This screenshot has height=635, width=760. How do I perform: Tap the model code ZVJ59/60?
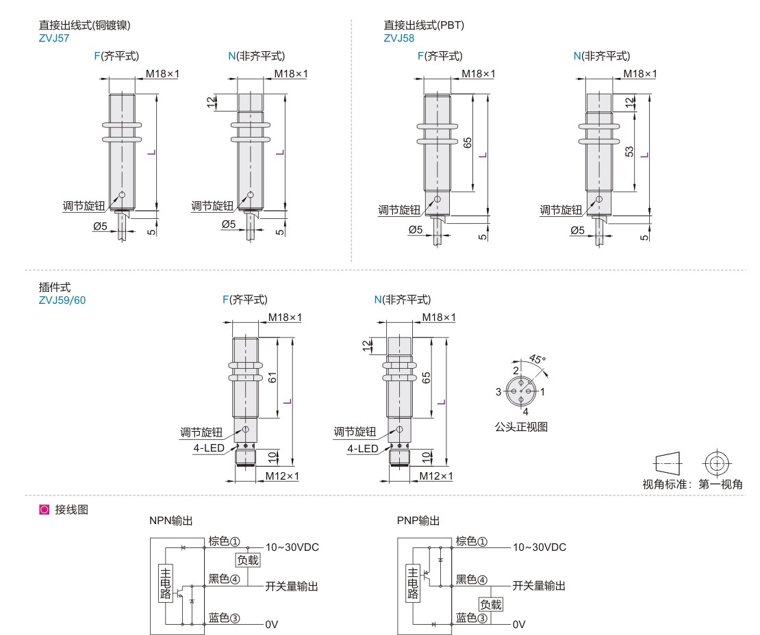tap(62, 299)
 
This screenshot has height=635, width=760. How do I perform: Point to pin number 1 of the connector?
tap(542, 392)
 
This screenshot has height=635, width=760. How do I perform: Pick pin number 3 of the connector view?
tap(499, 392)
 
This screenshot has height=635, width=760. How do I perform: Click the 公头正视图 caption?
tap(521, 427)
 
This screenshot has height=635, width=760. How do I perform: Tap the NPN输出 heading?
tap(170, 521)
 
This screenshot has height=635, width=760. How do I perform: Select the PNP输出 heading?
tap(418, 521)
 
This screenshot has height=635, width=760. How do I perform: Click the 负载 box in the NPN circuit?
tap(248, 560)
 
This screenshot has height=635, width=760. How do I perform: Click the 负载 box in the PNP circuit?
tap(490, 605)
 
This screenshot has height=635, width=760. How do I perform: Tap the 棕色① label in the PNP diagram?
tap(472, 542)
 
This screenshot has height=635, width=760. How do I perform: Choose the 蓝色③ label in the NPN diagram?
tap(224, 618)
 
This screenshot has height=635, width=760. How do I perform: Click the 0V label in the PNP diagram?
tap(518, 625)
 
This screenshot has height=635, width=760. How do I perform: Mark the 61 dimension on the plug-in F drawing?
tap(273, 377)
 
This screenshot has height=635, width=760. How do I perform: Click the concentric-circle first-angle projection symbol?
tap(716, 463)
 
